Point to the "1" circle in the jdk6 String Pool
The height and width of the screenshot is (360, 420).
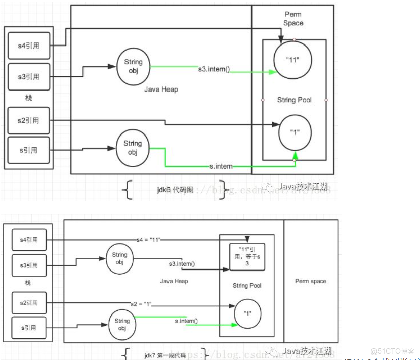click(x=295, y=132)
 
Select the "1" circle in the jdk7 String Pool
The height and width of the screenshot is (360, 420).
click(x=248, y=313)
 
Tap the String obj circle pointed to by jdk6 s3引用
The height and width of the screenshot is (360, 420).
click(x=133, y=66)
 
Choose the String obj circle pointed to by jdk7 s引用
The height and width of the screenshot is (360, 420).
click(x=122, y=325)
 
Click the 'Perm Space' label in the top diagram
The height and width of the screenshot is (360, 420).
click(x=293, y=19)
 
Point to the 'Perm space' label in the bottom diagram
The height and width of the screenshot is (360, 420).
click(x=311, y=281)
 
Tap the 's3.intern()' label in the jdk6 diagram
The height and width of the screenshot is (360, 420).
click(x=214, y=69)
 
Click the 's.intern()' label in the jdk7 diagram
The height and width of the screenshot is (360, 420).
click(x=186, y=321)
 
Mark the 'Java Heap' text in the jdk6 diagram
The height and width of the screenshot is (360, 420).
click(x=161, y=89)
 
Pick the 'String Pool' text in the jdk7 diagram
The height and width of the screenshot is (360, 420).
click(x=247, y=286)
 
